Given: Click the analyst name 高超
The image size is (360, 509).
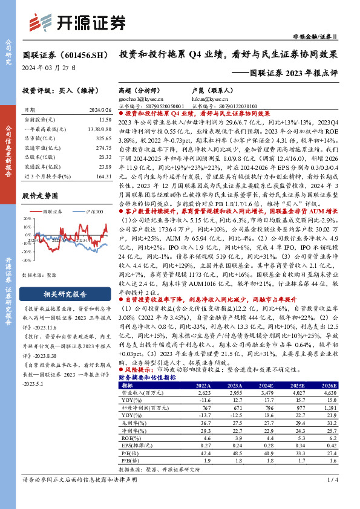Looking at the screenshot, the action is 125,88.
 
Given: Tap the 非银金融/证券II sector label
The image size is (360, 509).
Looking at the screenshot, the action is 324,36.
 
